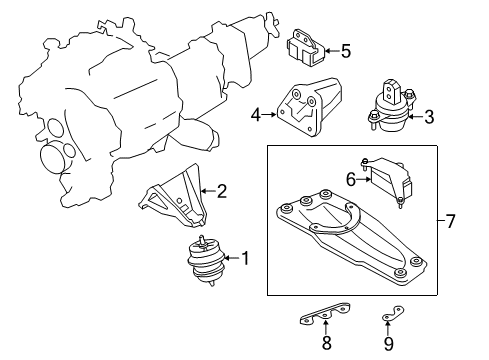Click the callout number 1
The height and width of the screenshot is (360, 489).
(245, 258)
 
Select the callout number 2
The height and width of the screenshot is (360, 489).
(222, 191)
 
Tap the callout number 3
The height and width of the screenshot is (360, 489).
(429, 117)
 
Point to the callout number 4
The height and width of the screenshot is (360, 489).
(256, 115)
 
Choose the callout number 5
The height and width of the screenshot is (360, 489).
(346, 51)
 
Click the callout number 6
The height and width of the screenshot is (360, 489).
(351, 180)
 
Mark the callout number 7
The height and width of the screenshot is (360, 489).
(450, 221)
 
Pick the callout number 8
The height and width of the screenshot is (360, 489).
(326, 343)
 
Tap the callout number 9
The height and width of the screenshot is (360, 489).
(389, 344)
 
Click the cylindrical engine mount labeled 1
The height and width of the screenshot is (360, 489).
(206, 261)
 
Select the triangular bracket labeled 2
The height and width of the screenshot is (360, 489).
(172, 197)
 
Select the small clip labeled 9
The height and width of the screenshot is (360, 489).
(393, 314)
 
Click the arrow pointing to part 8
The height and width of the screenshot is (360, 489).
(326, 326)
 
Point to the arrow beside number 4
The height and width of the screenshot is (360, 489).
(269, 115)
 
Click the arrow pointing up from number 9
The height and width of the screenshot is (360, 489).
(387, 328)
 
